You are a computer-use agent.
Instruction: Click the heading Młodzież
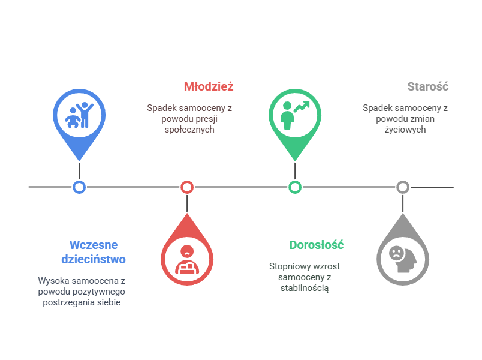point(209,86)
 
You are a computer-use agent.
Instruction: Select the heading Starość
point(428,86)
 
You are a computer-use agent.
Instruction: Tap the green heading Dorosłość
point(316,245)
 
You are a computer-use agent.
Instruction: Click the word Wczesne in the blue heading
point(94,245)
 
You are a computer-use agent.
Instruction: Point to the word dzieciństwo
point(94,260)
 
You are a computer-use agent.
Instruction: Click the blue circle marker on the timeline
point(79,187)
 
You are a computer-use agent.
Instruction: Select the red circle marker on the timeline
point(187,187)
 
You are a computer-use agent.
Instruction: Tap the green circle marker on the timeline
point(295,187)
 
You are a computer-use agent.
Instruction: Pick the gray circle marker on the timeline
point(403,187)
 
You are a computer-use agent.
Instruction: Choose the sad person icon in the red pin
point(187,259)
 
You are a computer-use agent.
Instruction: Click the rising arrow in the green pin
point(302,107)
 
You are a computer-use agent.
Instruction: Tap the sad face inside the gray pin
point(396,253)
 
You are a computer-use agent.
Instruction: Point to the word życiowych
point(406,129)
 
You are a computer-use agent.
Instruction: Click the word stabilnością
point(305,288)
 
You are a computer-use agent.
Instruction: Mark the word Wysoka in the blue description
point(53,281)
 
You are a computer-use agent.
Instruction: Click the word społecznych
point(189,129)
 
